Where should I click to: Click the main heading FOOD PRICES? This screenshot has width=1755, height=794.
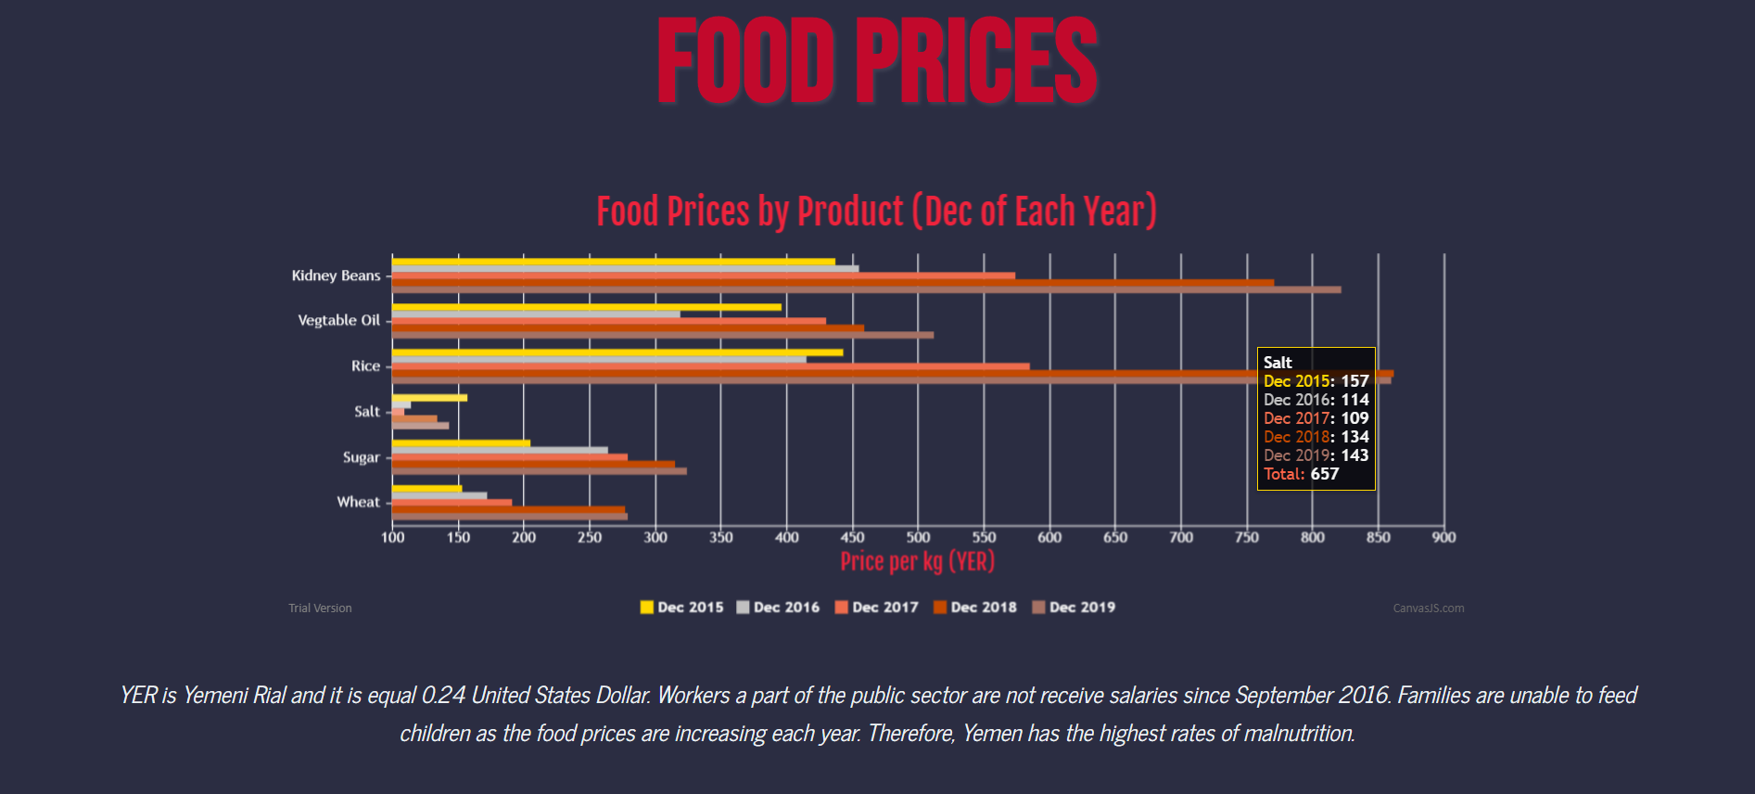[x=877, y=61]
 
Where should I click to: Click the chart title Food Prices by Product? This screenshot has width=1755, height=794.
[x=876, y=211]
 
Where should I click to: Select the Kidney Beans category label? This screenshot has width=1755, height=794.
[x=336, y=275]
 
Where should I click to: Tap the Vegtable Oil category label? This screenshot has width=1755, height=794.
[x=338, y=320]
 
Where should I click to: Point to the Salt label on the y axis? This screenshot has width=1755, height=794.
[x=367, y=411]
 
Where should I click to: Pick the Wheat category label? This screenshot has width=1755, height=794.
[x=358, y=502]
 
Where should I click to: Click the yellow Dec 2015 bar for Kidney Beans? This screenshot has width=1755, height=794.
[x=612, y=262]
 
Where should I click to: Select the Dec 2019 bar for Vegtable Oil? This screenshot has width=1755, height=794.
[x=663, y=335]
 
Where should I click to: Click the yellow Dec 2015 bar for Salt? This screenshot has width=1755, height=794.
[x=429, y=398]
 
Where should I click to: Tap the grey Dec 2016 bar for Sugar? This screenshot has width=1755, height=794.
[x=501, y=450]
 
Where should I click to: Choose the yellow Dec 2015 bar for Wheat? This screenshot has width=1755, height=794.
[x=426, y=488]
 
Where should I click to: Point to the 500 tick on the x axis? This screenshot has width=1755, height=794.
[x=918, y=537]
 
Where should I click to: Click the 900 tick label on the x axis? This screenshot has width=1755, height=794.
[x=1443, y=537]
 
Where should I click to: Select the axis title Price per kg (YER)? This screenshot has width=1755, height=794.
[x=917, y=561]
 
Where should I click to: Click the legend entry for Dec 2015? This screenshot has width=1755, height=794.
[x=681, y=608]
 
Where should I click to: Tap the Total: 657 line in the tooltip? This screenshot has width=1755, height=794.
[x=1301, y=474]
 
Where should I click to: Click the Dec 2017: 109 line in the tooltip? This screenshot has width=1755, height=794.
[x=1316, y=418]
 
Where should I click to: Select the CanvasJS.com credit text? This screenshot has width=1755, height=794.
[x=1428, y=608]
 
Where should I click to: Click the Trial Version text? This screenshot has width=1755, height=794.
[x=320, y=608]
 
